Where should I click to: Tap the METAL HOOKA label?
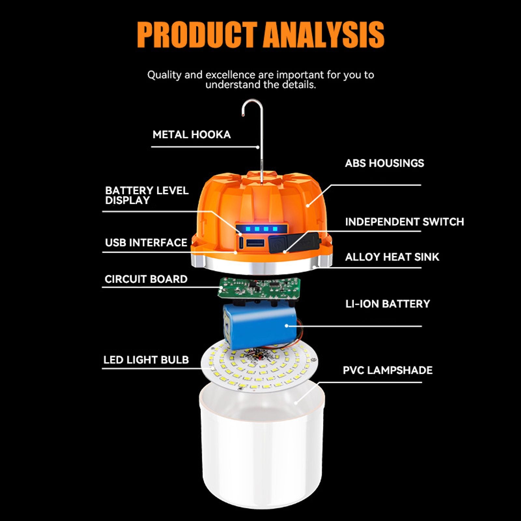(x=191, y=134)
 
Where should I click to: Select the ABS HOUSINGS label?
(x=384, y=163)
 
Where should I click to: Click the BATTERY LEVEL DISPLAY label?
(x=147, y=195)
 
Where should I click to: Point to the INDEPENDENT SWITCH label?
(x=404, y=222)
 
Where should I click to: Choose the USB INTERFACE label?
(x=146, y=243)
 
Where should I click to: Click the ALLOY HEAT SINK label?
(x=392, y=257)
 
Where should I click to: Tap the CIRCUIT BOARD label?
(x=146, y=279)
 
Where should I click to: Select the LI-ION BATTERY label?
(x=387, y=304)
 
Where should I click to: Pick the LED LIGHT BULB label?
(x=146, y=360)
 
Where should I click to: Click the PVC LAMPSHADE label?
(x=387, y=370)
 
